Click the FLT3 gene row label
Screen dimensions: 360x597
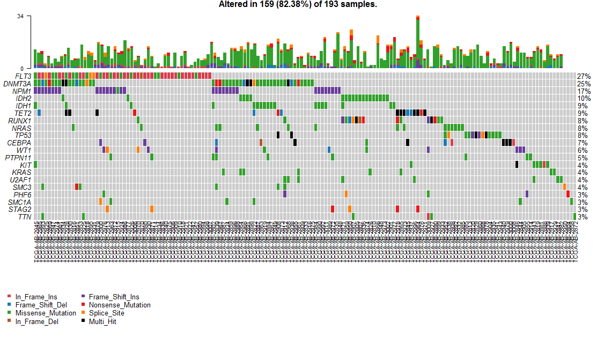23,76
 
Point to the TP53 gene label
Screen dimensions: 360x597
23,136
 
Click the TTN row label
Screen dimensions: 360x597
25,217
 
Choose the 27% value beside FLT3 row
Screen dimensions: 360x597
584,76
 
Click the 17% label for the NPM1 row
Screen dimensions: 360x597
584,91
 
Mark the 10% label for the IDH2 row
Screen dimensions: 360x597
584,99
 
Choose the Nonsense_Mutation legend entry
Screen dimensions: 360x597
119,305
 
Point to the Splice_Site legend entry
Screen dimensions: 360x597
106,313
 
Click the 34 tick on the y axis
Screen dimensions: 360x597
20,16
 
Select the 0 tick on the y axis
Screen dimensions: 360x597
22,68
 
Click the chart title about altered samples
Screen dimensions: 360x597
298,4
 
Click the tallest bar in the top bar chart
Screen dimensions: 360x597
418,43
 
